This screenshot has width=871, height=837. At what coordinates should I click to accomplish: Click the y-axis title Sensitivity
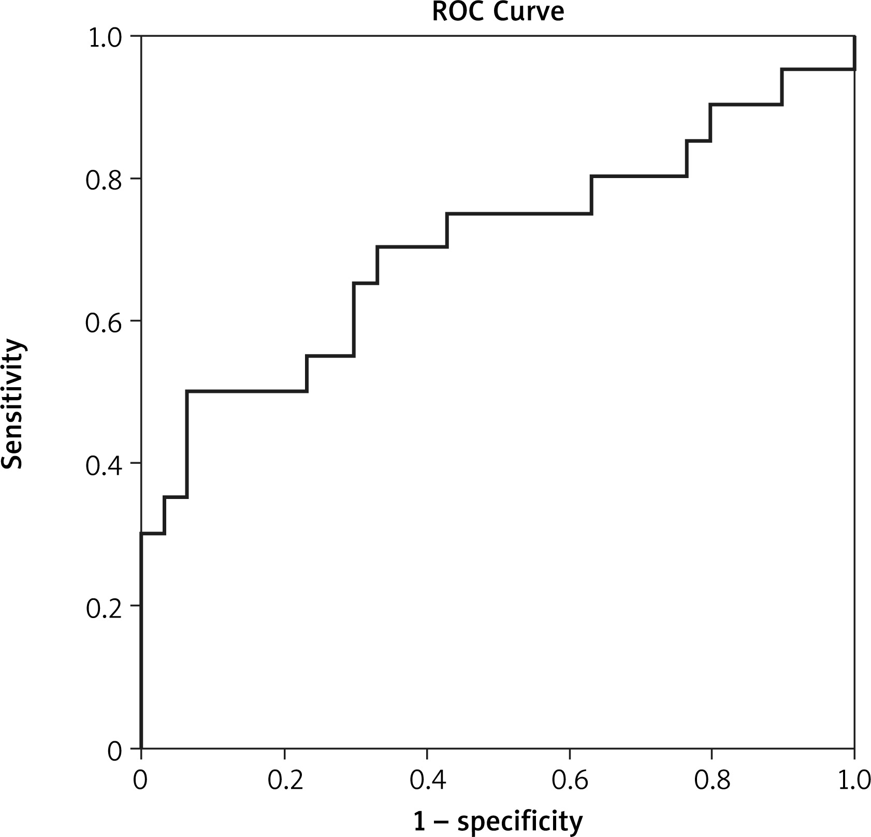(12, 404)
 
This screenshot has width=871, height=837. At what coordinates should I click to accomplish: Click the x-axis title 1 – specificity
(498, 820)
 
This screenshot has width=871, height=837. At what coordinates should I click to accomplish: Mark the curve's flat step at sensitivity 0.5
(246, 391)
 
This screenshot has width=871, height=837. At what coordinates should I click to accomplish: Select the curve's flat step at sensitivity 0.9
(746, 105)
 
